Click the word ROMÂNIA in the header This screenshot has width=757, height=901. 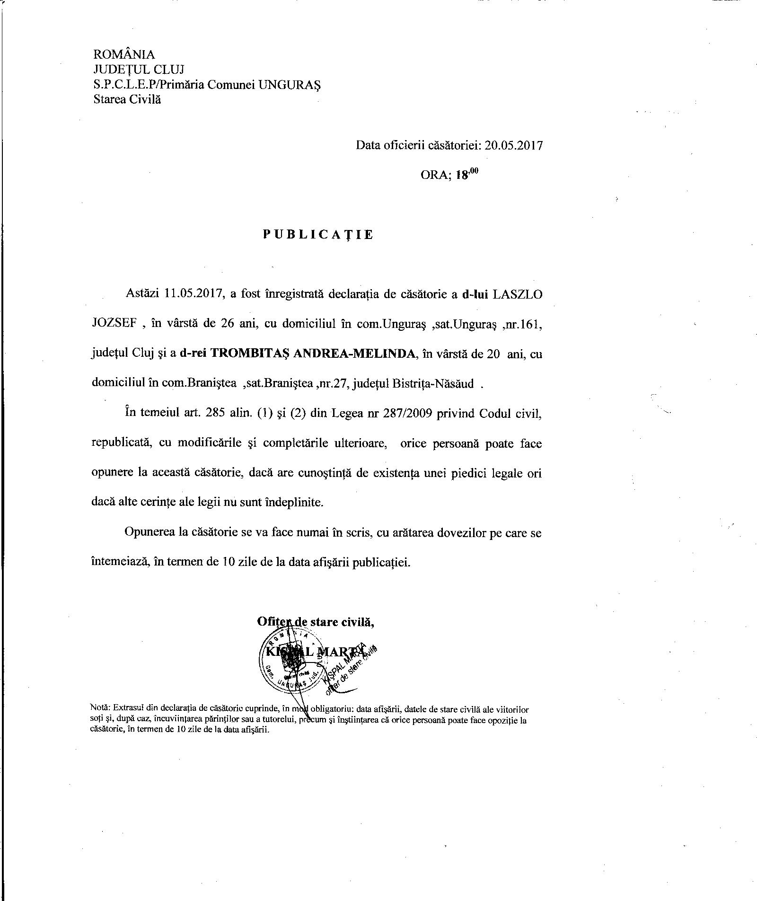(124, 55)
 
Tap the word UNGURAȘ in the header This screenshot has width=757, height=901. (291, 85)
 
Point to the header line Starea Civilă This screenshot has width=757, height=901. (127, 99)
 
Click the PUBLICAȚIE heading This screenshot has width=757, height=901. (318, 235)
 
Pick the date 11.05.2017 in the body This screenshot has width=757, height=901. (194, 294)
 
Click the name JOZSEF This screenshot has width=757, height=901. (114, 324)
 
